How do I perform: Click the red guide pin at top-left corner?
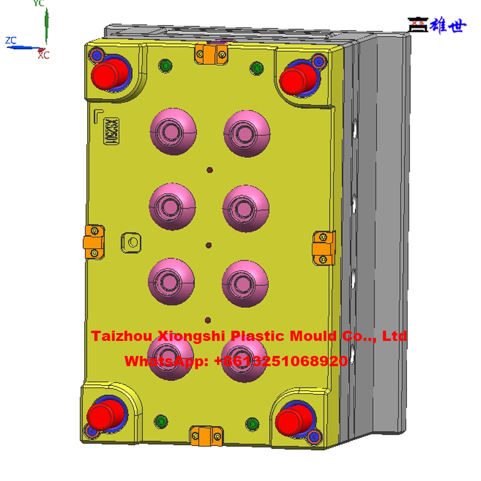point(109,74)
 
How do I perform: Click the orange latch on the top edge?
point(209,54)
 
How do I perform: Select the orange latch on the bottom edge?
point(206,434)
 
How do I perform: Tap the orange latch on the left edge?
point(94,242)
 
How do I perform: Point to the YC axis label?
point(38,4)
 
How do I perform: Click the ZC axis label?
point(11,40)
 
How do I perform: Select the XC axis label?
point(43,55)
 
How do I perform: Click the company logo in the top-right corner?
point(437,25)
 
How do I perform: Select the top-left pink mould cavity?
point(173,132)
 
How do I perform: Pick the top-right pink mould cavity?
point(247,133)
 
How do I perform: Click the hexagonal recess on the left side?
point(131,242)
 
